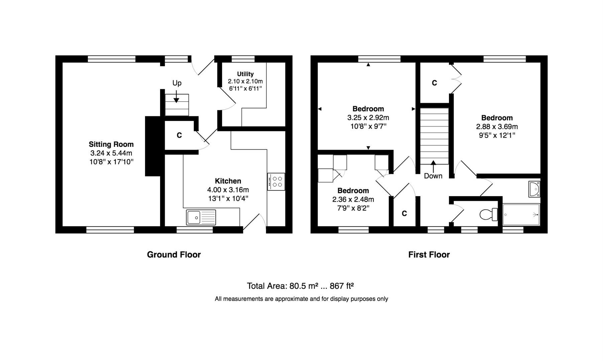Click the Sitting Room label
111,144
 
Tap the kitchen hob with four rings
276,182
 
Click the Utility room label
245,74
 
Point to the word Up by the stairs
177,83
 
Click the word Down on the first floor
433,176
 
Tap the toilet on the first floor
488,214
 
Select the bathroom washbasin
534,189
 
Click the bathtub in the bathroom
521,215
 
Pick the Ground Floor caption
174,255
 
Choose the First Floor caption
429,255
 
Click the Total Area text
300,286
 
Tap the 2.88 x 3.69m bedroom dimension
497,127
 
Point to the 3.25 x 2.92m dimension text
368,118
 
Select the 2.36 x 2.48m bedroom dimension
353,200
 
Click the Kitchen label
228,181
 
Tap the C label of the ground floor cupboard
179,135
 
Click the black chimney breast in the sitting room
153,146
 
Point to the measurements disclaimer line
301,299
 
